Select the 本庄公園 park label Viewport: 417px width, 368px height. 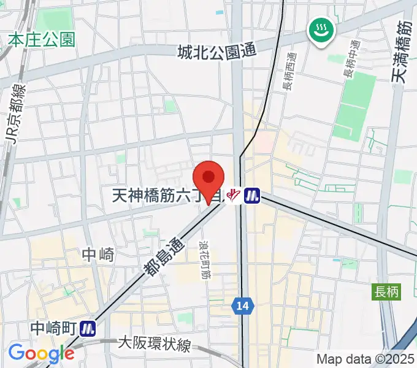(42, 40)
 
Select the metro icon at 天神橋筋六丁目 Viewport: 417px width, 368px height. (251, 196)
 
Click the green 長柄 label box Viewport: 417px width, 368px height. (386, 292)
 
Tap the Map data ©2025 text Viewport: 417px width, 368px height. (365, 359)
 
